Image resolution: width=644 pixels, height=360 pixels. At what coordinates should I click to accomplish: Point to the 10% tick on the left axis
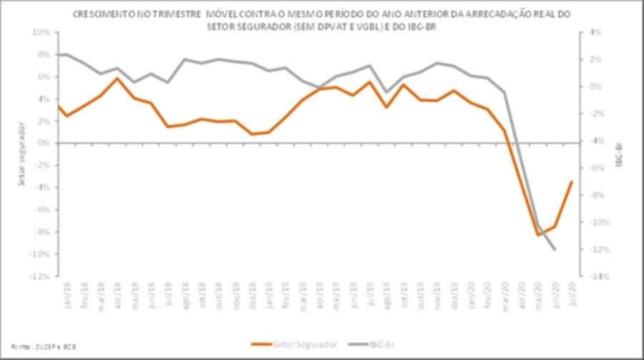[x=42, y=32]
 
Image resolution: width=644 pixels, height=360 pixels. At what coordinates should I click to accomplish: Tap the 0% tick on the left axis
[x=43, y=143]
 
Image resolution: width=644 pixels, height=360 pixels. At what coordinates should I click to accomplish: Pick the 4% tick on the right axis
[x=595, y=32]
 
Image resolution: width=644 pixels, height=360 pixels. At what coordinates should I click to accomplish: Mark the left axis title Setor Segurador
[x=22, y=155]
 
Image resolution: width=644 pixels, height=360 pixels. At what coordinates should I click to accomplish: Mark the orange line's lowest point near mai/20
[x=538, y=235]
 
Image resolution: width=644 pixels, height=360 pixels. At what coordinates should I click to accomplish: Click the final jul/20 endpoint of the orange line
[x=572, y=181]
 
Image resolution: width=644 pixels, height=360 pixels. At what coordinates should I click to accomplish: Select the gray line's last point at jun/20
[x=555, y=249]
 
